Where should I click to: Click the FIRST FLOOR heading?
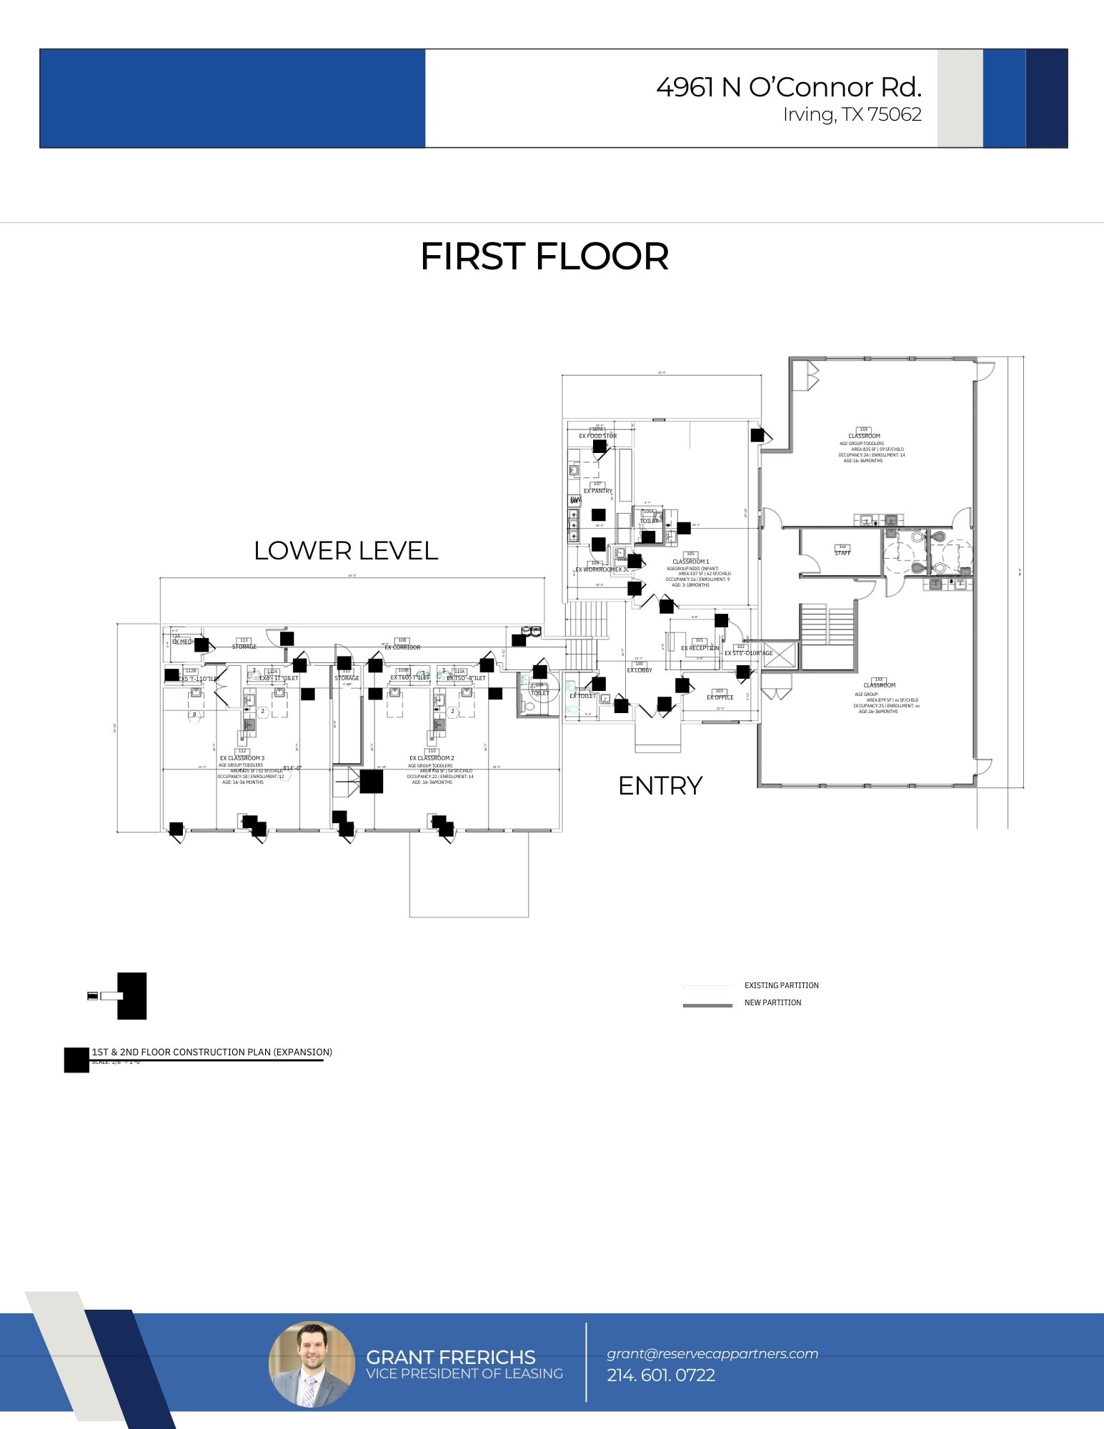point(544,257)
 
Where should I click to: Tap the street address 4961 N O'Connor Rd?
point(788,87)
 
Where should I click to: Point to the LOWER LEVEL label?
point(346,550)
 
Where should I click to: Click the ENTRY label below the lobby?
point(660,785)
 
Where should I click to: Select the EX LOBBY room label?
point(640,670)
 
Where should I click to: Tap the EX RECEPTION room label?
point(700,648)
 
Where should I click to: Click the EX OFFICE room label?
point(720,697)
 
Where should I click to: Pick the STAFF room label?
point(842,553)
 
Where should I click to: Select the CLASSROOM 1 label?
point(690,562)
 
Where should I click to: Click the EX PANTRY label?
point(597,491)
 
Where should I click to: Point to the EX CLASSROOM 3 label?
point(242,758)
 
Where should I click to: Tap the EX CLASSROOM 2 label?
point(432,758)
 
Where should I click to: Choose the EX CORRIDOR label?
point(402,647)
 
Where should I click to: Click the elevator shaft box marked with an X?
point(779,655)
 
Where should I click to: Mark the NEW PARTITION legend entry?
point(772,1002)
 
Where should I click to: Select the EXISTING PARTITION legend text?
point(781,985)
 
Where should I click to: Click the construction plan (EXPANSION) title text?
point(212,1052)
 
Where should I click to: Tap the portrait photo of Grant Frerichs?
point(312,1364)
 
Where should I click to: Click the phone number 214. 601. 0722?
point(660,1375)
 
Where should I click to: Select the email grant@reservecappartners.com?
point(712,1353)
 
